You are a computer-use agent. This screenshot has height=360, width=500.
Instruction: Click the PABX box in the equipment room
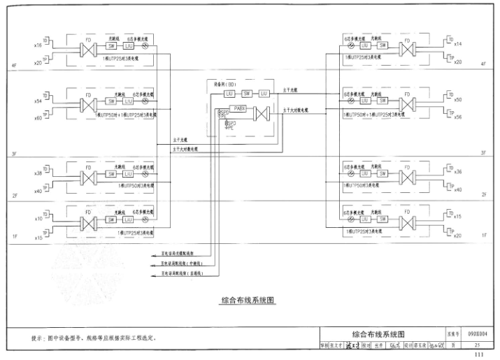240,109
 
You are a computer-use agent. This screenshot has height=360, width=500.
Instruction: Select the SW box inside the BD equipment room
246,93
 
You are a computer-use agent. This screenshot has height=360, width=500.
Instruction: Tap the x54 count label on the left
38,101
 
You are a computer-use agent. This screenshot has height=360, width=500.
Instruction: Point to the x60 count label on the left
38,118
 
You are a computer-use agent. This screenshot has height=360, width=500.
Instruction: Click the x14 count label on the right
458,43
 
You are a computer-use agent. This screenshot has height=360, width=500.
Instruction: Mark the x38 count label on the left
38,173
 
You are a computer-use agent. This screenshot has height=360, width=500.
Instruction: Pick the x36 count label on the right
458,172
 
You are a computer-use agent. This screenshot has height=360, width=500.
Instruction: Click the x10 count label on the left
38,219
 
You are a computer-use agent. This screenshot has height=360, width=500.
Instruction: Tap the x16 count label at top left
38,45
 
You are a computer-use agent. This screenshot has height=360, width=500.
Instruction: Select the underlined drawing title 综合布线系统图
248,301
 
